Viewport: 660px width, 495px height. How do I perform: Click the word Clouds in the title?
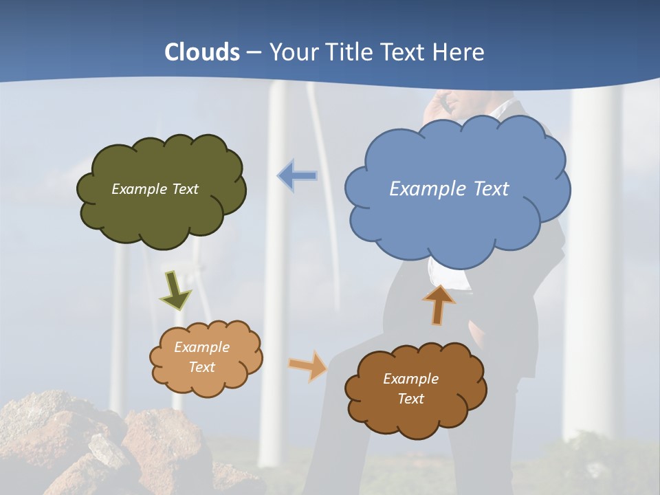pos(201,52)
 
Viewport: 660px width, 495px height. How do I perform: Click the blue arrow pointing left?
pos(297,175)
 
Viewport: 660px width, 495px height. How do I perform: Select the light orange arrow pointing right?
pos(309,365)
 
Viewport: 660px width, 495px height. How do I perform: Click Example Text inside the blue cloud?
pos(449,188)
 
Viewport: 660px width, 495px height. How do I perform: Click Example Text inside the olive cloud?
pos(155,188)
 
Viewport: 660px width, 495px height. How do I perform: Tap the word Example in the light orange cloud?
pos(201,347)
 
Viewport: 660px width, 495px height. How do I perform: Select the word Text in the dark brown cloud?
pos(410,399)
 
